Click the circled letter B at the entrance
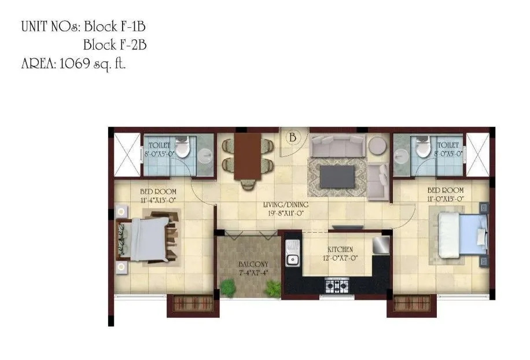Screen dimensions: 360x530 point(293,138)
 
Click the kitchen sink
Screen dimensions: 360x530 point(292,259)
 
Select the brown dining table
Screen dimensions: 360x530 point(248,156)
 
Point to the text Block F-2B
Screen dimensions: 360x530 point(115,45)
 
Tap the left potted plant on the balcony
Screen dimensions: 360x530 point(227,287)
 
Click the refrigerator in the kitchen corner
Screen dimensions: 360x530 point(381,245)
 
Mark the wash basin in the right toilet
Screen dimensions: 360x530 point(401,153)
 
